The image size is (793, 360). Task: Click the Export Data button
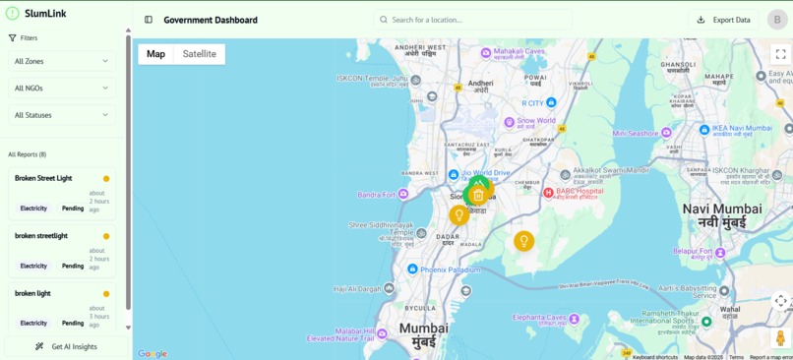point(723,20)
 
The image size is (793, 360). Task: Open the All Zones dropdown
point(61,61)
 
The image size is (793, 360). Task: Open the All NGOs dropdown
point(61,89)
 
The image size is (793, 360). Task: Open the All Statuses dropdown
point(61,115)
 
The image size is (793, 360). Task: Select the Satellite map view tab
point(199,54)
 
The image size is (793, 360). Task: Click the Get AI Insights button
point(66,346)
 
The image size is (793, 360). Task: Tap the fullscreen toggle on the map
point(780,54)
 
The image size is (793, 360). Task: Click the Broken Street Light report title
point(43,178)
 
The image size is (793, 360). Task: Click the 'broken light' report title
point(32,293)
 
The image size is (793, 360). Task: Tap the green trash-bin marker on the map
point(478,195)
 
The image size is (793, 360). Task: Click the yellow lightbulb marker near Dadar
point(458,215)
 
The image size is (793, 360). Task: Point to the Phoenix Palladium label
point(450,269)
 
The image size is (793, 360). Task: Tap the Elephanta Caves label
point(539,318)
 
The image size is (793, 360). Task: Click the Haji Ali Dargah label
point(356,289)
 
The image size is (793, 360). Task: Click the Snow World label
point(536,121)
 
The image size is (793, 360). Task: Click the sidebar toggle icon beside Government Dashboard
point(149,20)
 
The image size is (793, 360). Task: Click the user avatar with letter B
point(777,20)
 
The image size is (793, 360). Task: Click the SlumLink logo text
point(45,14)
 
